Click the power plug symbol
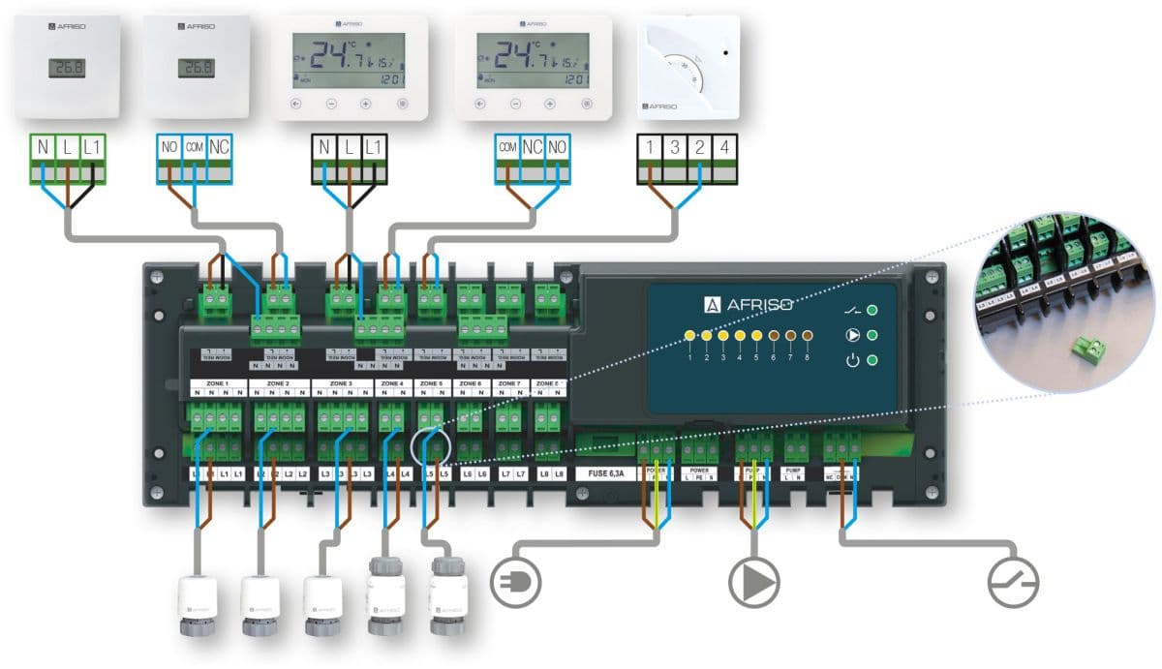coord(517,582)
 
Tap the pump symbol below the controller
coord(753,582)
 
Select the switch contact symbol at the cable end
coord(1013,582)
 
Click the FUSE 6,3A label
coord(605,474)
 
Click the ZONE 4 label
coord(392,383)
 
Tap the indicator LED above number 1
coord(689,336)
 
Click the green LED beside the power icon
coord(872,361)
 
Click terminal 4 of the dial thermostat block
coord(723,148)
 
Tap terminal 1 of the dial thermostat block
coord(650,148)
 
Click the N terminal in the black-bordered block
coord(323,148)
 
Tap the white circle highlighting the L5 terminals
coord(431,450)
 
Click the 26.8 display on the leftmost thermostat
coord(66,68)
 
